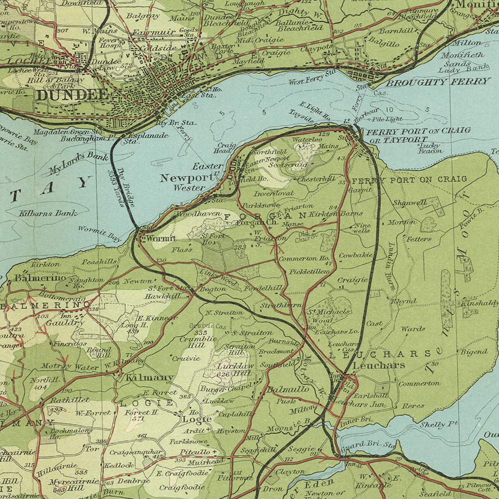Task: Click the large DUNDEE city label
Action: coord(72,95)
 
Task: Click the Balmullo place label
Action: coord(286,389)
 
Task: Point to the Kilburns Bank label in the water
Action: coord(48,213)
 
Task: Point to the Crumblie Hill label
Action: coord(192,342)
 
